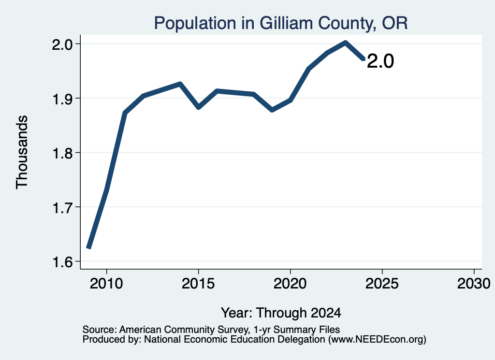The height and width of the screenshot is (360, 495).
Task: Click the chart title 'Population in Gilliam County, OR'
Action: [x=281, y=23]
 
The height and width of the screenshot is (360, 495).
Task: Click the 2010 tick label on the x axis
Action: [x=106, y=284]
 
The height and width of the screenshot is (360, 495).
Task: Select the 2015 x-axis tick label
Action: [x=198, y=284]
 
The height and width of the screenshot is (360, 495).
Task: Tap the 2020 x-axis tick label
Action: [x=290, y=284]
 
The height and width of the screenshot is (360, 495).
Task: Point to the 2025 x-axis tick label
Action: [x=382, y=284]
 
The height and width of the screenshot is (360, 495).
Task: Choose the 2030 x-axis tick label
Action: [x=474, y=284]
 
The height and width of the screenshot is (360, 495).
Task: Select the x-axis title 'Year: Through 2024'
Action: [x=281, y=313]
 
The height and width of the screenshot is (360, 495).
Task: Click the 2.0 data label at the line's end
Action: [x=380, y=61]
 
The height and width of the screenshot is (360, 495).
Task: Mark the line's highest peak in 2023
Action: [x=345, y=43]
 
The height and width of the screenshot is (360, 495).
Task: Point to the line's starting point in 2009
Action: [x=89, y=248]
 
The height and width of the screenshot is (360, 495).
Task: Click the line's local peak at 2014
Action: [x=180, y=84]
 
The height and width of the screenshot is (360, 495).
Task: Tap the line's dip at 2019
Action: [x=272, y=110]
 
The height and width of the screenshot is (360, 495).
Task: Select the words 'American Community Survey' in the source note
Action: [x=183, y=330]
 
